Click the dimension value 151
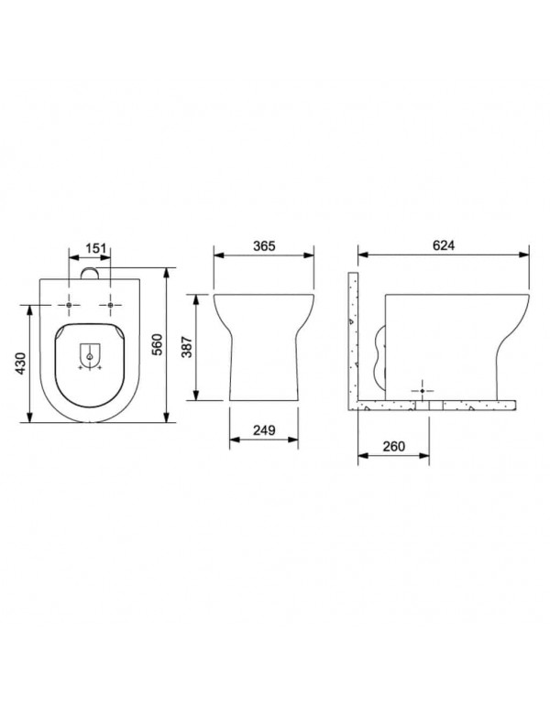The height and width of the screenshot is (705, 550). [95, 248]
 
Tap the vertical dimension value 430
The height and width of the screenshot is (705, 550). [21, 363]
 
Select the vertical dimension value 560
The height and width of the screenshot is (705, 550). [157, 344]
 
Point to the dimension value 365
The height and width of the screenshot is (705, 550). [264, 246]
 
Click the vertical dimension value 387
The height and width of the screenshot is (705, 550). [187, 347]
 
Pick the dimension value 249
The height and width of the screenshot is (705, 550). [264, 430]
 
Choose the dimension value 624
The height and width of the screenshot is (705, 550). [444, 245]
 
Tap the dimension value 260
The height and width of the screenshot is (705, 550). [394, 446]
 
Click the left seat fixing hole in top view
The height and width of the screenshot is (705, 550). [69, 305]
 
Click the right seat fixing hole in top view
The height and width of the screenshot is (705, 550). [110, 305]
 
